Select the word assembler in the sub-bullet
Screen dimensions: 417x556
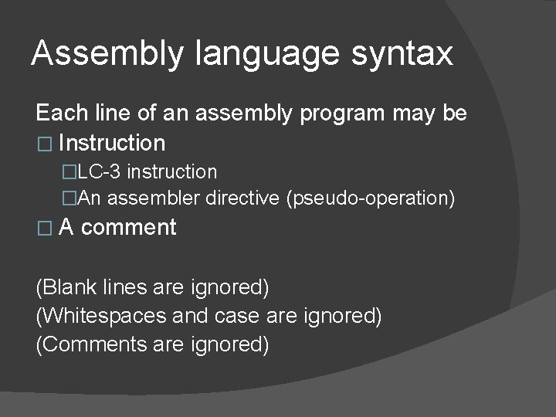tap(154, 198)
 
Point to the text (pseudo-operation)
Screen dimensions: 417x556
tap(370, 198)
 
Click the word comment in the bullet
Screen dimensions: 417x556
tap(128, 228)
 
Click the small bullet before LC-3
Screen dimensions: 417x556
tap(70, 171)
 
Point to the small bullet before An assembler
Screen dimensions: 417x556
tap(70, 199)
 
